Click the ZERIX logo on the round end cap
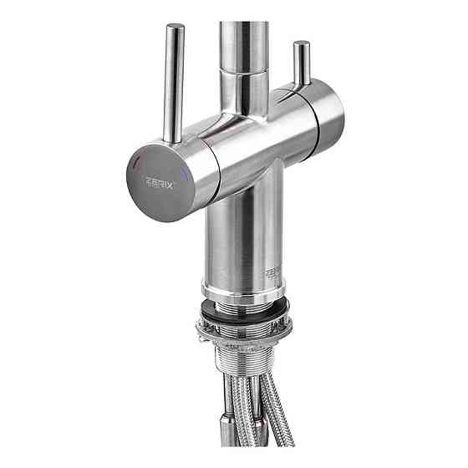pyautogui.click(x=159, y=183)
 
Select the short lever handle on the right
pyautogui.click(x=301, y=64)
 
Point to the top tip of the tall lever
pyautogui.click(x=175, y=28)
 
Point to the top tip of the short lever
pyautogui.click(x=302, y=43)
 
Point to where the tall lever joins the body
pyautogui.click(x=174, y=140)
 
